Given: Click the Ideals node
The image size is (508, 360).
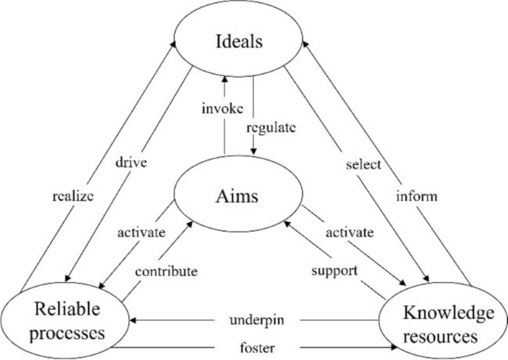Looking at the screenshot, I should click(238, 41).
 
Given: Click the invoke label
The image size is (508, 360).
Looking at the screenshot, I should click(221, 109).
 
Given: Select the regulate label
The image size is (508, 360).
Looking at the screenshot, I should click(271, 128).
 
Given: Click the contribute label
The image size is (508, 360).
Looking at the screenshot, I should click(166, 271).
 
